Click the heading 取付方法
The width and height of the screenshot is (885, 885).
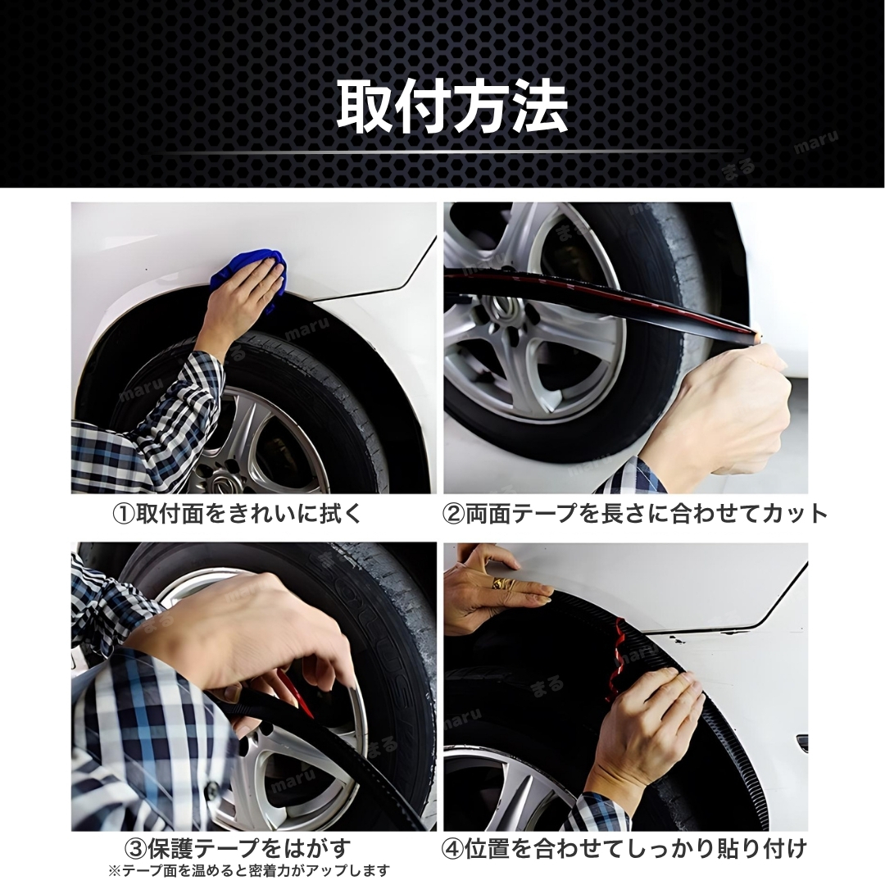[x=452, y=107]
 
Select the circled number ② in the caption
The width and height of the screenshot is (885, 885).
[x=452, y=514]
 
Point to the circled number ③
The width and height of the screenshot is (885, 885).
[x=135, y=849]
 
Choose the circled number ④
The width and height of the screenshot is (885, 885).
[x=452, y=849]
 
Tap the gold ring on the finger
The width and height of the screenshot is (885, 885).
[x=500, y=583]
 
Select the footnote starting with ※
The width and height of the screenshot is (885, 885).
[x=249, y=871]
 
